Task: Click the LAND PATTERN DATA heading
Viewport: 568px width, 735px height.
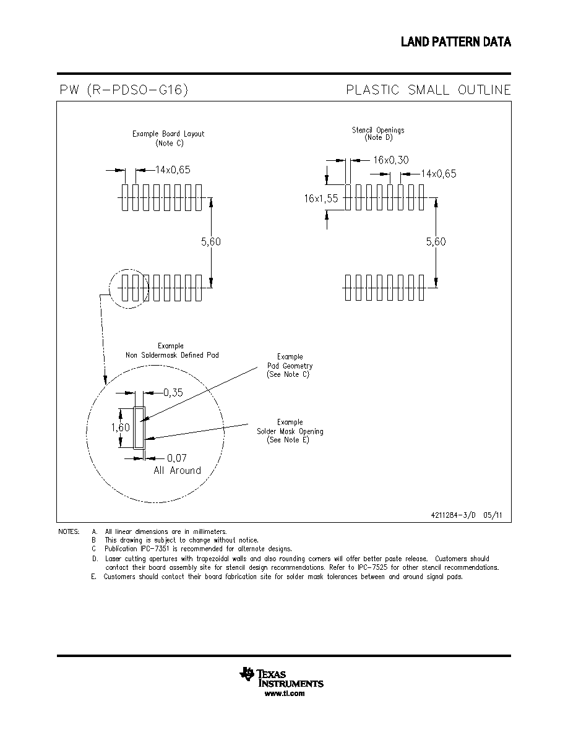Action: point(455,41)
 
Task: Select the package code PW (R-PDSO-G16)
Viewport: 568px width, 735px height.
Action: point(124,90)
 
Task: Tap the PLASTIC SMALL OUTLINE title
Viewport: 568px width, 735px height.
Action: point(428,90)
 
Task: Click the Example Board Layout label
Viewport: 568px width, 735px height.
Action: point(168,134)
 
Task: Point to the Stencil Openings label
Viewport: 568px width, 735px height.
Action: point(378,131)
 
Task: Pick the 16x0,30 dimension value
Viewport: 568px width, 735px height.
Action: point(391,160)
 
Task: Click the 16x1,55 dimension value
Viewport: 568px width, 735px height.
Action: point(321,198)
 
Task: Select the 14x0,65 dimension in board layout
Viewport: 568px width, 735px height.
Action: point(173,170)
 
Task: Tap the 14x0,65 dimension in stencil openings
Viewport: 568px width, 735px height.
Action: point(439,174)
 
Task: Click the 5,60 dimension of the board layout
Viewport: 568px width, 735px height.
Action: point(211,242)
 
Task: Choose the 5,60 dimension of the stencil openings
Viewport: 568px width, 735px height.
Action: point(436,242)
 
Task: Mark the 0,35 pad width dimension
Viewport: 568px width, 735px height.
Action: point(173,393)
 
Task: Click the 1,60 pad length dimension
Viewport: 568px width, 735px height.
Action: point(121,428)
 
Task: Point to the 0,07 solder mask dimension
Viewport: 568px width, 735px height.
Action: point(177,458)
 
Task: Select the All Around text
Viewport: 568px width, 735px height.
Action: point(177,471)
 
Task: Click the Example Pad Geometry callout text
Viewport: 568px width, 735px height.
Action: point(290,366)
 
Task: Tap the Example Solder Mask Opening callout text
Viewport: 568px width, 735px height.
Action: point(290,431)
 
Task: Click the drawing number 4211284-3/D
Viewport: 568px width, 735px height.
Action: point(453,515)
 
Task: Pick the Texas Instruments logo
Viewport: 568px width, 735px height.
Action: point(281,677)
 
